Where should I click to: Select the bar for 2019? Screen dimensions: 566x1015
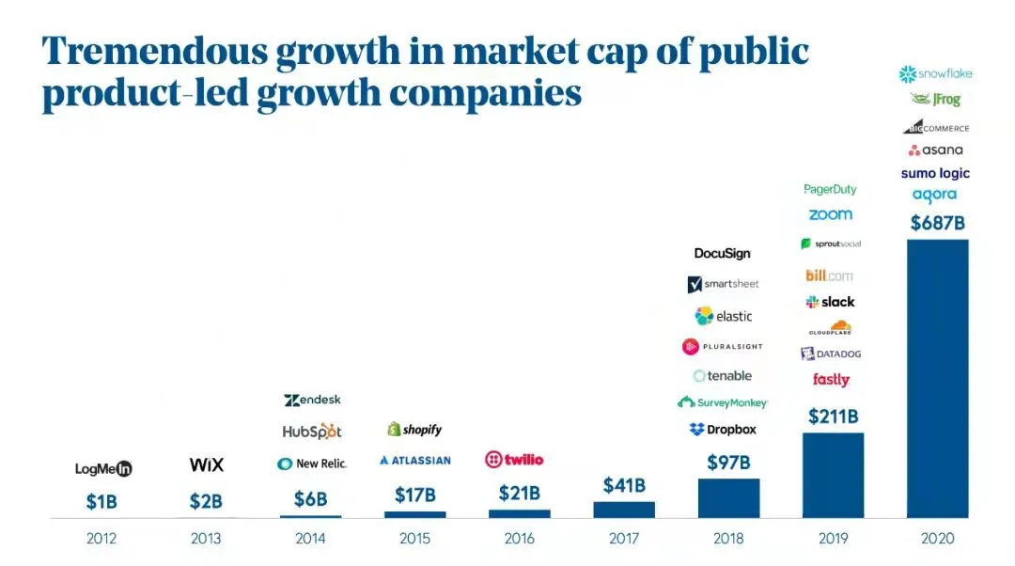point(833,475)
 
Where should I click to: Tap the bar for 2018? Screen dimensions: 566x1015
point(728,497)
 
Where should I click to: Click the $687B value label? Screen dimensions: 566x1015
point(937,224)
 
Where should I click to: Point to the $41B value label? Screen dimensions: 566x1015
point(624,486)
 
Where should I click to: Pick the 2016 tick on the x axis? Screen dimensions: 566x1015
point(520,539)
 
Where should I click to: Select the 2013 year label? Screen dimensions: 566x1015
point(206,539)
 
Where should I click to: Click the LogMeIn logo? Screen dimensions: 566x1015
point(103,468)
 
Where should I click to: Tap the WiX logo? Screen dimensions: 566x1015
point(207,464)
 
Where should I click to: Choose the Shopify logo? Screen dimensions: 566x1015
point(414,430)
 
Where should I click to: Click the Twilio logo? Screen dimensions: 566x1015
point(514,460)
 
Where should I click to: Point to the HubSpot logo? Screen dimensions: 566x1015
point(312,432)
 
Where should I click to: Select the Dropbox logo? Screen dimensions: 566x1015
point(723,430)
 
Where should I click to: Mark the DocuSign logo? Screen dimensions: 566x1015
point(723,253)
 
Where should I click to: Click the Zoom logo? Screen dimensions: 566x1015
point(830,214)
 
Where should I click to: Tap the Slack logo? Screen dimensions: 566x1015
point(830,302)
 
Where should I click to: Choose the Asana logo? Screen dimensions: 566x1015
point(935,150)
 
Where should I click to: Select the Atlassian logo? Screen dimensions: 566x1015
point(414,461)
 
